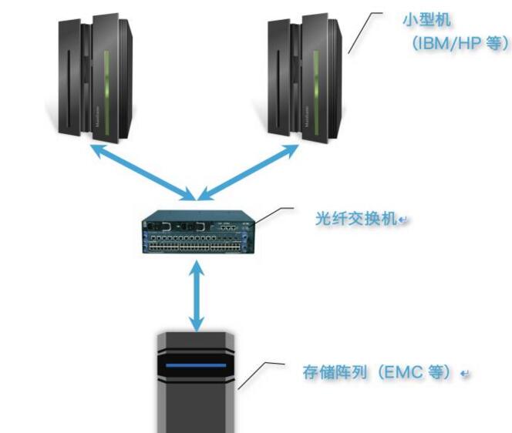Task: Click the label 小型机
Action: (423, 19)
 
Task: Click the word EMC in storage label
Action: (409, 373)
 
